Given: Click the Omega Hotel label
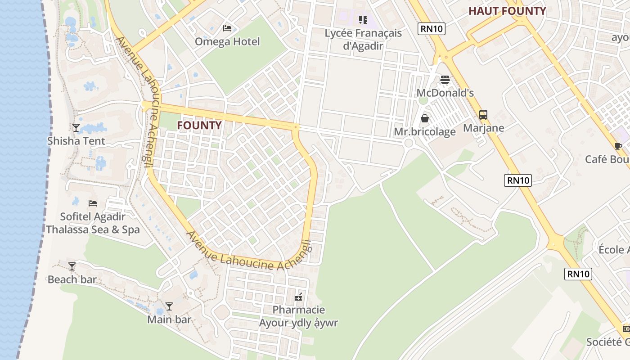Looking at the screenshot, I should [227, 42].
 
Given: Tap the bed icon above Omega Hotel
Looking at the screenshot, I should [227, 28].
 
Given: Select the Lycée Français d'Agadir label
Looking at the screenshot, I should [363, 39].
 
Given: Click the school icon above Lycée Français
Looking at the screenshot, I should [363, 20].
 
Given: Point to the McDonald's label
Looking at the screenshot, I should [445, 93].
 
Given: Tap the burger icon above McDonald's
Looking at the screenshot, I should [445, 80].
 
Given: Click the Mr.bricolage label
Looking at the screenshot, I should [424, 131].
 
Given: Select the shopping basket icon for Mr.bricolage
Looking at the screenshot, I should [424, 118].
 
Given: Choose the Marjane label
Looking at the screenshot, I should [483, 128].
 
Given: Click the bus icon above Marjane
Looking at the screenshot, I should [483, 114].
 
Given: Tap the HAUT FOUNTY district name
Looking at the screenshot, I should [507, 11].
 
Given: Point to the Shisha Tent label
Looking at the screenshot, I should [76, 141].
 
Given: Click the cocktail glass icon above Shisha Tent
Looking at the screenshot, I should [76, 128].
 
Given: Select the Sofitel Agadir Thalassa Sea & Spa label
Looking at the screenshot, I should [93, 223].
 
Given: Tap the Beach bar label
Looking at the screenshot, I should [72, 279].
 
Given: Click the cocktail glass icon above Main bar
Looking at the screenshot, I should [169, 306].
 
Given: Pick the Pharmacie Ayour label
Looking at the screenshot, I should [298, 316].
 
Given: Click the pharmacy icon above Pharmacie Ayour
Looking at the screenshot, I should [298, 297].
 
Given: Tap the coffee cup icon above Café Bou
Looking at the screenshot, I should [618, 146].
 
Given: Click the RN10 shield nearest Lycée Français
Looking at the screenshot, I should [432, 29].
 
